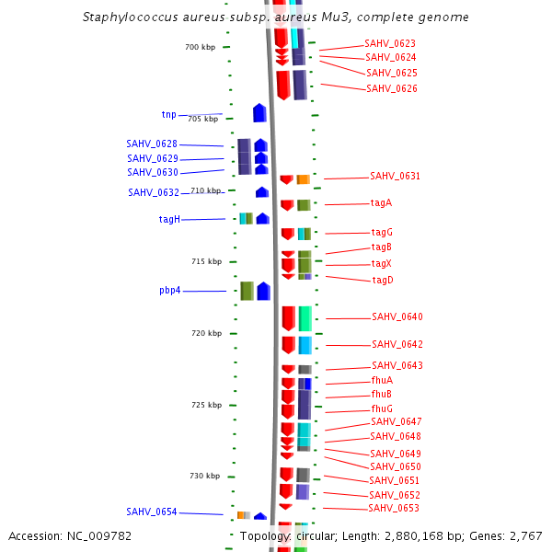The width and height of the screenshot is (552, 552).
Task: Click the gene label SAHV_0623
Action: [390, 43]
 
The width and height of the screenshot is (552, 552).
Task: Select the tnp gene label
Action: [168, 115]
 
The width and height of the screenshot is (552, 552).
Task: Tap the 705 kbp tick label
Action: [203, 119]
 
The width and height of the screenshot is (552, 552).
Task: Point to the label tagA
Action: [382, 202]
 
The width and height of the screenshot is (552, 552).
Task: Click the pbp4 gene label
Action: [169, 291]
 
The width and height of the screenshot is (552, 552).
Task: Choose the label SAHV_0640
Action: [397, 317]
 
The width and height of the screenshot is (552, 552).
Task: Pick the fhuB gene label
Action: [382, 394]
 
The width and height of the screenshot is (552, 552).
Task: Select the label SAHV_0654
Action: [152, 512]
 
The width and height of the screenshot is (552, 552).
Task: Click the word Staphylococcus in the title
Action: [126, 17]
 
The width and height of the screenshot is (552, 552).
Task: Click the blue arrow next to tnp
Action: [259, 113]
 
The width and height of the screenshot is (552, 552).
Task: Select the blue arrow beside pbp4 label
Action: [263, 291]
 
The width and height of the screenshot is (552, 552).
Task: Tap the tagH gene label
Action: [169, 219]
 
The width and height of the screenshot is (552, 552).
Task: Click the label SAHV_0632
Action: [154, 192]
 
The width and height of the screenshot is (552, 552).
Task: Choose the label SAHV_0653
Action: [394, 509]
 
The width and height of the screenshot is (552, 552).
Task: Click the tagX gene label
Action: [382, 263]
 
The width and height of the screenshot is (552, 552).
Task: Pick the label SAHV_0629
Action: [152, 158]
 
